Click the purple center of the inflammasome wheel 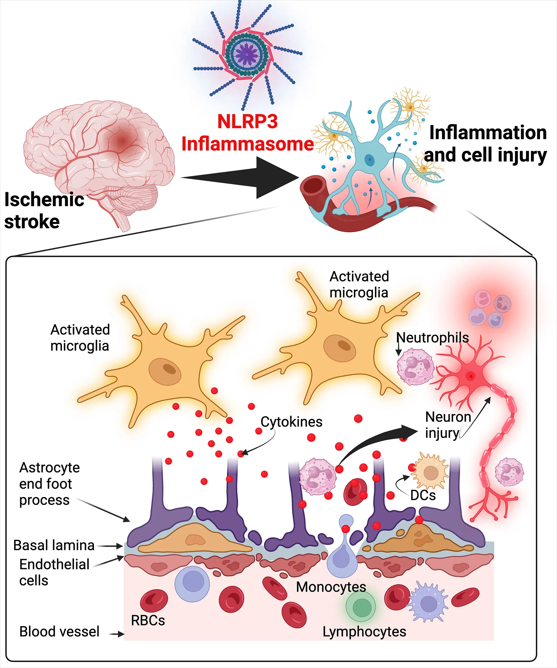pyautogui.click(x=246, y=54)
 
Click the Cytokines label pyautogui.click(x=291, y=422)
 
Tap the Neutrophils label pyautogui.click(x=433, y=338)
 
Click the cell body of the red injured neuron pyautogui.click(x=470, y=376)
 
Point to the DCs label pyautogui.click(x=423, y=495)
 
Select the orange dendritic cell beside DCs pyautogui.click(x=431, y=472)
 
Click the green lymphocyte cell pyautogui.click(x=360, y=606)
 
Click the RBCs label pyautogui.click(x=148, y=620)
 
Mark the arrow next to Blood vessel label pyautogui.click(x=117, y=634)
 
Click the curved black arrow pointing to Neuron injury pyautogui.click(x=376, y=442)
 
